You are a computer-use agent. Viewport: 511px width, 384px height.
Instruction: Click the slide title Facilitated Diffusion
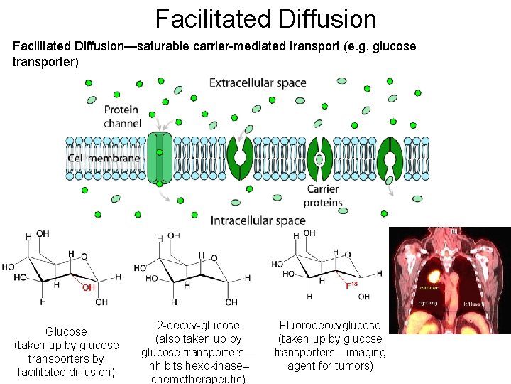tap(266, 19)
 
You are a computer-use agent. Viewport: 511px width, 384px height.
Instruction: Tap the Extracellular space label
tap(258, 82)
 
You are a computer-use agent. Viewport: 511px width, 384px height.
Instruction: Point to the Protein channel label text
tap(122, 116)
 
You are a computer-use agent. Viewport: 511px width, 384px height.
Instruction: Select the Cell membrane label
tap(104, 158)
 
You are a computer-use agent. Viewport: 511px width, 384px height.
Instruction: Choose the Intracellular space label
tap(257, 220)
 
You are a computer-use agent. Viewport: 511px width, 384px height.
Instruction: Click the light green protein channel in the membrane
tap(160, 157)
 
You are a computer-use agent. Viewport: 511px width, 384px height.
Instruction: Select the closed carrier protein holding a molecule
tap(319, 158)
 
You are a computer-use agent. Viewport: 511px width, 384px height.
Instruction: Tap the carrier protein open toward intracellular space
tap(390, 157)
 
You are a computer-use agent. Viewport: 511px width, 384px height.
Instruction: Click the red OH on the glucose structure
tap(88, 288)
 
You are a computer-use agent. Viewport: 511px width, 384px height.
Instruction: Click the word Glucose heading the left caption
tap(66, 331)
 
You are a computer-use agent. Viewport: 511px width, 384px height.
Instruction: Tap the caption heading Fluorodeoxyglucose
tap(330, 325)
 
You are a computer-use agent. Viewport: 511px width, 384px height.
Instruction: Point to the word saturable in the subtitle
tap(165, 46)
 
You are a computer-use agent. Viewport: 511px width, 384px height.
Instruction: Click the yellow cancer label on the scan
tap(429, 288)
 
